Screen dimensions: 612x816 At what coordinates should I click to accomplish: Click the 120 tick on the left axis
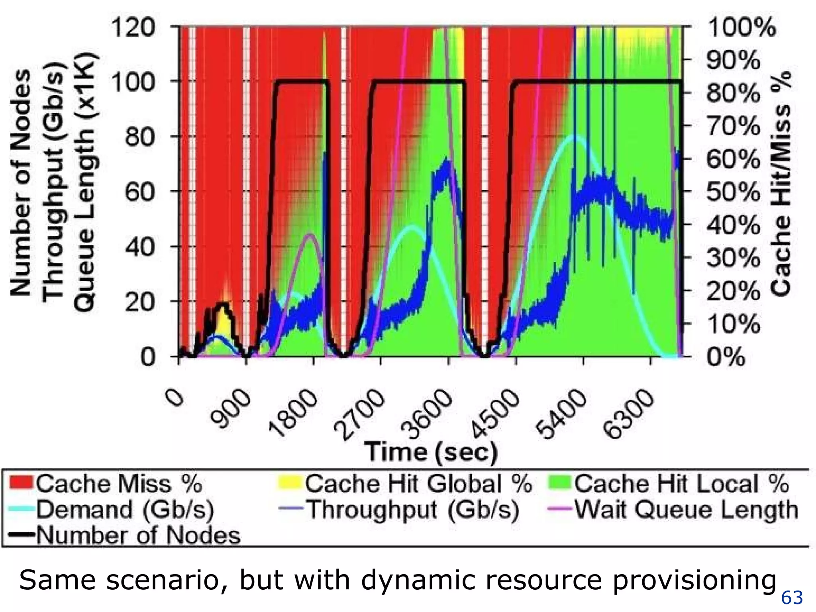(133, 29)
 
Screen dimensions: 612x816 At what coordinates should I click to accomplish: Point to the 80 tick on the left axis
(139, 137)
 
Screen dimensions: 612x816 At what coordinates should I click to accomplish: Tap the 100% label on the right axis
(741, 28)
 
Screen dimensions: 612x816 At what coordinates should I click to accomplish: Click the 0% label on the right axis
(726, 357)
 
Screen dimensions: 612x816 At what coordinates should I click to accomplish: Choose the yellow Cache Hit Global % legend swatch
(289, 483)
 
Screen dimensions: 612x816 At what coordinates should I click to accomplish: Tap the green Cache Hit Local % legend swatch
(559, 483)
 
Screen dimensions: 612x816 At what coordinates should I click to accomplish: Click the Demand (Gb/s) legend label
(125, 510)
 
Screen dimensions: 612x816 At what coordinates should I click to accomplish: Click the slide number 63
(792, 598)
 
